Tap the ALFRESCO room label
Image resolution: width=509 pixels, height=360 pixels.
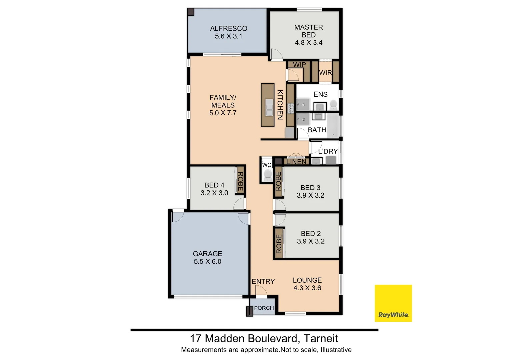229,28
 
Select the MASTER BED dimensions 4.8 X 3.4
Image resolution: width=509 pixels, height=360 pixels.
308,43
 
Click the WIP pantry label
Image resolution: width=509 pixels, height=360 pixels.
299,65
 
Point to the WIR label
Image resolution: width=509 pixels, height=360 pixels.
325,73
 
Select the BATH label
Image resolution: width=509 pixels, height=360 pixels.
317,130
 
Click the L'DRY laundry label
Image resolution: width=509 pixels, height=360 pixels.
328,151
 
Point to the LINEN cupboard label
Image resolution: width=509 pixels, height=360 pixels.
296,162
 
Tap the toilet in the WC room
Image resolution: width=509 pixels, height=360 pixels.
267,174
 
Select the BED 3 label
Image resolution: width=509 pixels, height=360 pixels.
310,188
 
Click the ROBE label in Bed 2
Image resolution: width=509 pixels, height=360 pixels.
279,244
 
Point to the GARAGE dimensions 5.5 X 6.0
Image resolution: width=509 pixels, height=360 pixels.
207,262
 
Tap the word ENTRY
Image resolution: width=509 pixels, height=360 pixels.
263,282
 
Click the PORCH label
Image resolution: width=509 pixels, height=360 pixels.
264,308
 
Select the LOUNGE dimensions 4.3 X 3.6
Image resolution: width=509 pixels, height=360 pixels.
307,288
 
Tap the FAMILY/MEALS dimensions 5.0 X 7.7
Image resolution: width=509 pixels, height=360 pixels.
223,113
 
